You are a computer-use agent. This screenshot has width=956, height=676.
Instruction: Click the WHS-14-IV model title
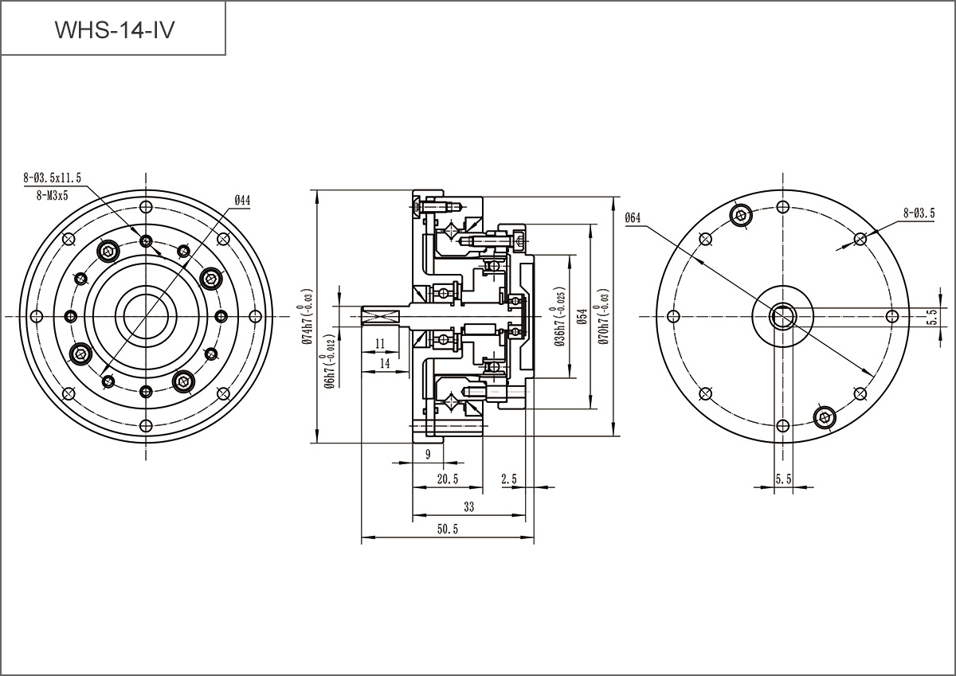coord(113,29)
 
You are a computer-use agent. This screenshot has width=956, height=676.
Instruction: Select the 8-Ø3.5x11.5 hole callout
coord(53,178)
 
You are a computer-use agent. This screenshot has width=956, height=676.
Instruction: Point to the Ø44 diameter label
coord(242,201)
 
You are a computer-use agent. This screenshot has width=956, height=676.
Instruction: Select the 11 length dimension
coord(380,343)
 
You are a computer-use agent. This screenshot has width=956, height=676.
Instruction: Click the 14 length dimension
coord(384,362)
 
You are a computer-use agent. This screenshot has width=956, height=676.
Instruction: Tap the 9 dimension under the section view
coord(428,454)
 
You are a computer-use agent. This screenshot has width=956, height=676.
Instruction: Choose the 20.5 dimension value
coord(448,479)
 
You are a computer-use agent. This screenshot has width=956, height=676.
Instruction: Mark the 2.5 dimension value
coord(509,479)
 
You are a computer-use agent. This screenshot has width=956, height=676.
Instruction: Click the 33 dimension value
coord(468,506)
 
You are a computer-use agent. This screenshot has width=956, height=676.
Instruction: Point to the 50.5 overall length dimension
coord(448,529)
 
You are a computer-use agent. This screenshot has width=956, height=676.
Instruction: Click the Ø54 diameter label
coord(582,317)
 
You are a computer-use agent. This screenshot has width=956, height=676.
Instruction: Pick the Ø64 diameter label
coord(633,217)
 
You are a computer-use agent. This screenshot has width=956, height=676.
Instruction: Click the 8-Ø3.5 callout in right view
coord(919,213)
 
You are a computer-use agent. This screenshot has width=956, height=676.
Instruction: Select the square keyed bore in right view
coord(783,316)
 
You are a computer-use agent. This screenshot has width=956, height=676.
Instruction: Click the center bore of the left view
coord(145,316)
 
